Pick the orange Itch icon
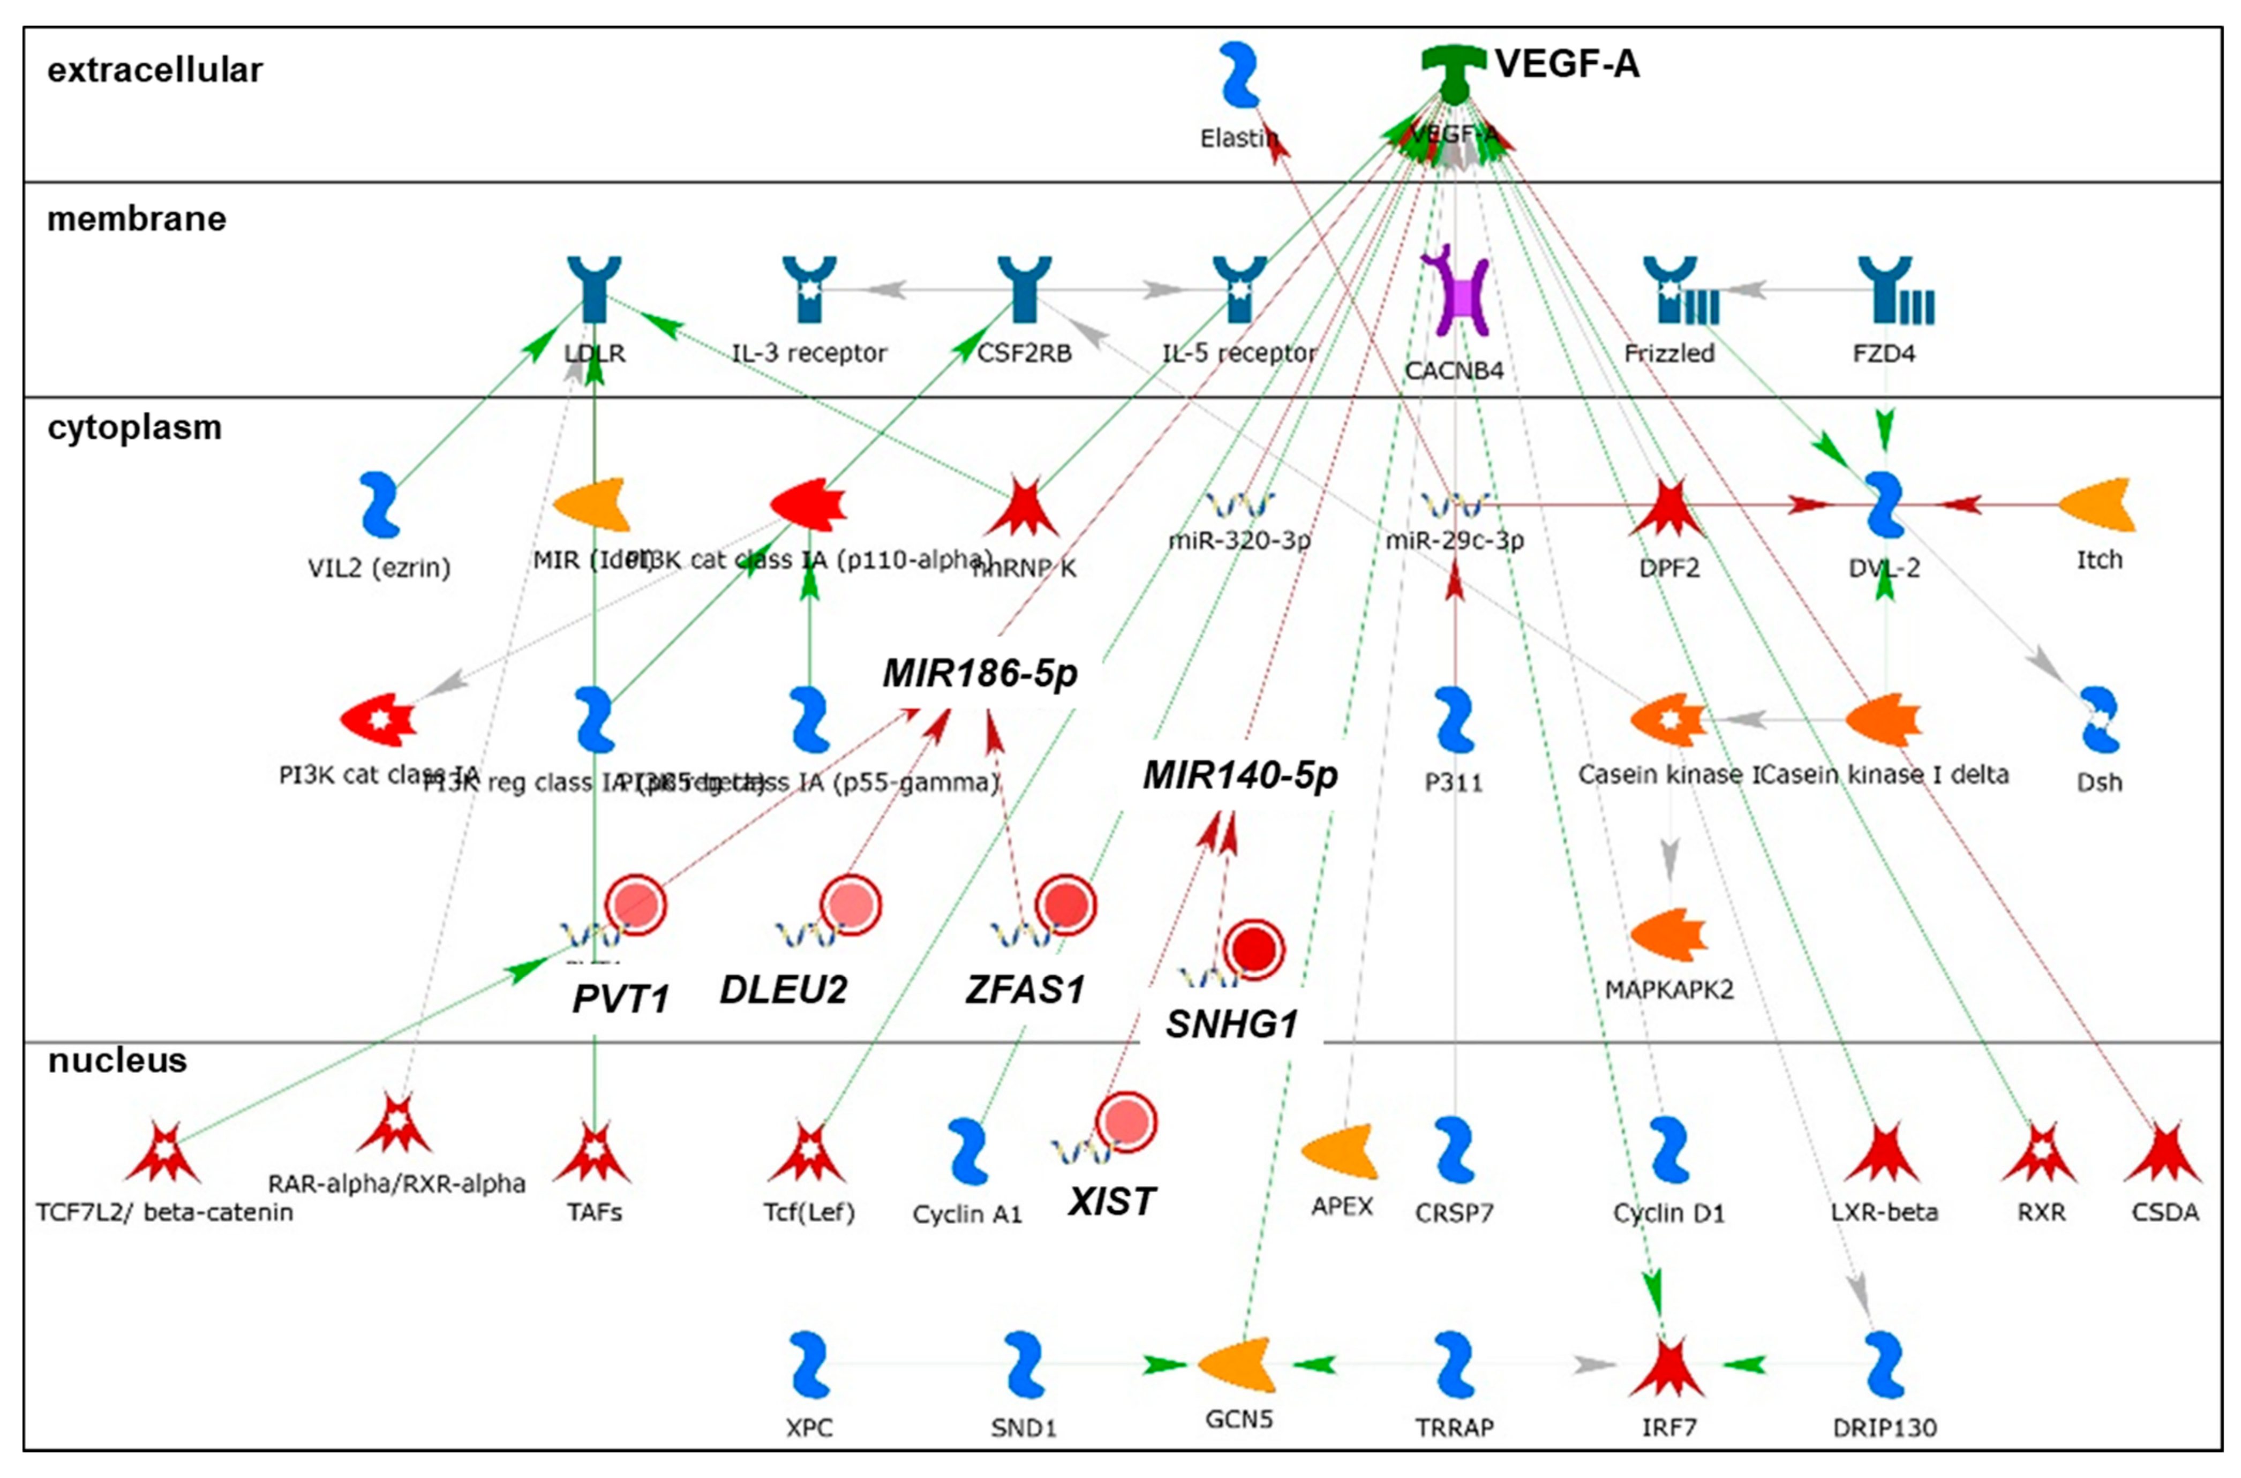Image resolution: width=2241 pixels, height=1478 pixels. coord(2097,505)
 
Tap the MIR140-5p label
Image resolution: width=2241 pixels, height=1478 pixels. coord(1240,775)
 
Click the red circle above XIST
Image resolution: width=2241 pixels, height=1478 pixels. coord(1126,1122)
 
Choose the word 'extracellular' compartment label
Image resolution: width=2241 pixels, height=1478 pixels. coord(155,70)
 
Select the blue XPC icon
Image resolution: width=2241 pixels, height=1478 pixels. coord(809,1364)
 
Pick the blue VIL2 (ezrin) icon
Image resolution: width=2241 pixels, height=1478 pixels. coord(380,505)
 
